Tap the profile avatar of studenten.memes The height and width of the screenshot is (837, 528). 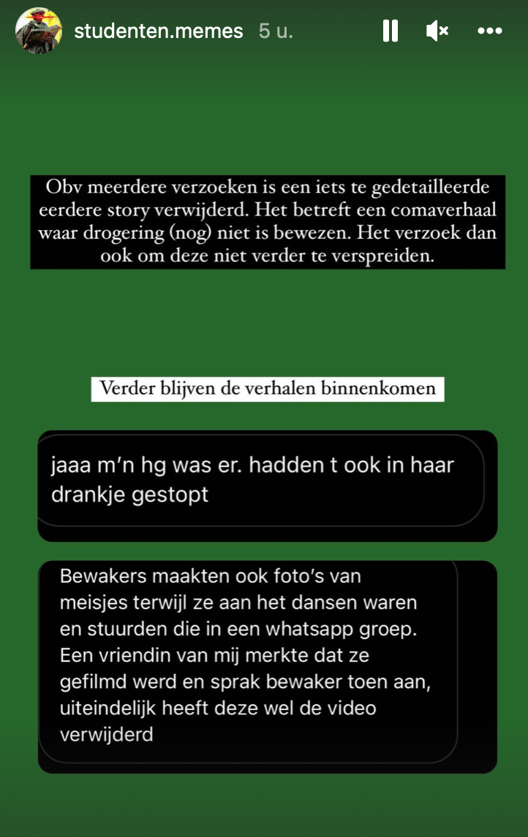point(39,30)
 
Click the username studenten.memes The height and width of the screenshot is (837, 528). point(159,31)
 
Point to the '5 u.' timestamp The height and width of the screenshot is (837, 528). point(275,31)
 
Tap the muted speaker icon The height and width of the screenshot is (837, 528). point(437,31)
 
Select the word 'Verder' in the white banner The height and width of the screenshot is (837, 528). point(125,388)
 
